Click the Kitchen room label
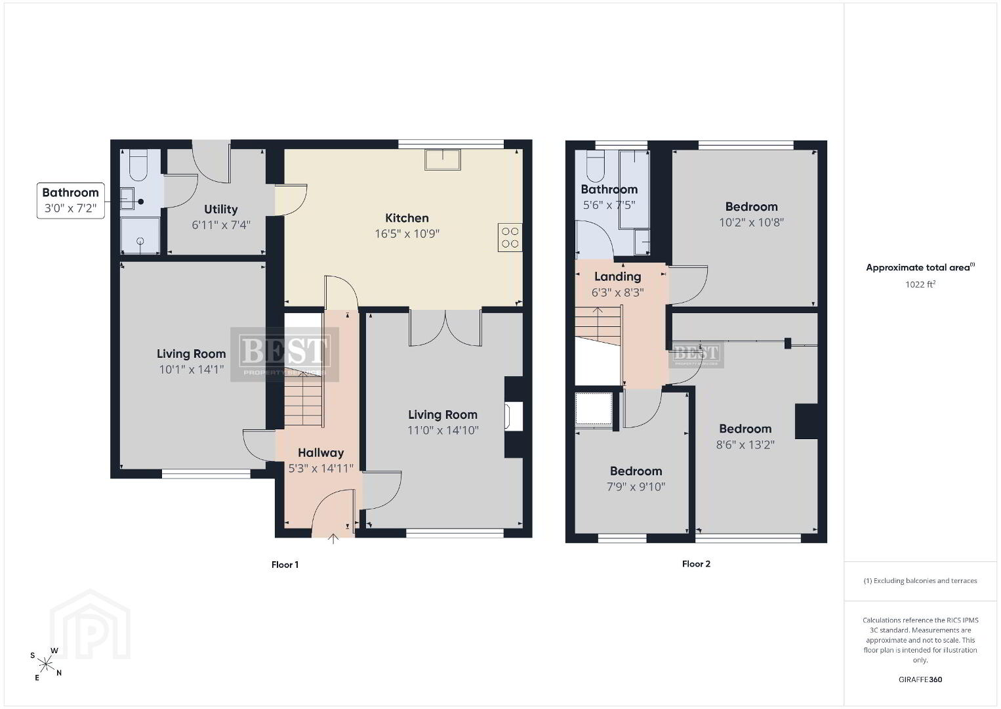coord(407,219)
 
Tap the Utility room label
coord(221,209)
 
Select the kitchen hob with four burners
coord(510,238)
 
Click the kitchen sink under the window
coord(442,160)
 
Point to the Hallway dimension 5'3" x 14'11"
coord(321,468)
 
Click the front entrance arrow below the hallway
coord(333,539)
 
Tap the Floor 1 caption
coord(285,565)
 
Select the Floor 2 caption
coord(696,564)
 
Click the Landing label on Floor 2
coord(617,277)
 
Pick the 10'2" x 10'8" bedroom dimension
coord(751,223)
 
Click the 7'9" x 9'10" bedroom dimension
coord(636,486)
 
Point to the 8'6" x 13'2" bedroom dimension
coord(745,444)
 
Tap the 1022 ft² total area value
coord(920,284)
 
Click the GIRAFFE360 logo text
coord(920,679)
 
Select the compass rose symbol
coord(45,664)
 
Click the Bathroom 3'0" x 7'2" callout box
coord(71,200)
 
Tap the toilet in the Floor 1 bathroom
coord(138,165)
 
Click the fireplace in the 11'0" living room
coord(514,416)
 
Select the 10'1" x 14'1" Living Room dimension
coord(192,370)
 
